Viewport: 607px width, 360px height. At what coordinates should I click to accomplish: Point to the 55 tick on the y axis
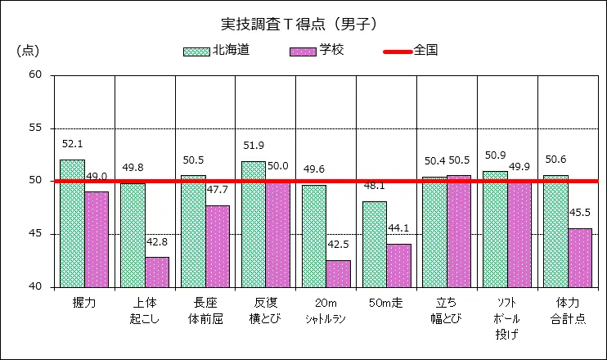pos(34,128)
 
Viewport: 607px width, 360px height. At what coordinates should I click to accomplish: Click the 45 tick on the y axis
pos(34,234)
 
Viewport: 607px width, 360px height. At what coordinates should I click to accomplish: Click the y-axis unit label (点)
pos(27,51)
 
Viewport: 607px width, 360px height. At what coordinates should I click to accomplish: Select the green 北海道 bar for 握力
pos(72,223)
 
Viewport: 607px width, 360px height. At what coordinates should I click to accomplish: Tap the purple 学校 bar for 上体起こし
pos(157,272)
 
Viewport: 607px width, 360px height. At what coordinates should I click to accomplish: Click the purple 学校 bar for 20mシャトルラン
pos(338,273)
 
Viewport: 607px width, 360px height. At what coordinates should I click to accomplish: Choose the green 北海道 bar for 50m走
pos(375,244)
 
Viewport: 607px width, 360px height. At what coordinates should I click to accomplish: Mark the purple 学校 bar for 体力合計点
pos(580,258)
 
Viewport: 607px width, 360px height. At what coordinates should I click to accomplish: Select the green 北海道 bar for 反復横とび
pos(254,224)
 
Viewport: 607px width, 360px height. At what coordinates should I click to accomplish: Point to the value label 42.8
pos(157,242)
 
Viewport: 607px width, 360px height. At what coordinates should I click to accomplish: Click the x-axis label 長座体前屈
pos(205,310)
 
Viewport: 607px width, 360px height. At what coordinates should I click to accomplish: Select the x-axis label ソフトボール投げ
pos(507,318)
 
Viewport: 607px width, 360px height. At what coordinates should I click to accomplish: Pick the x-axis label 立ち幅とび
pos(447,310)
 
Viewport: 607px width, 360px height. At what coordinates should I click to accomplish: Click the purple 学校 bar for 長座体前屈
pos(218,246)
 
